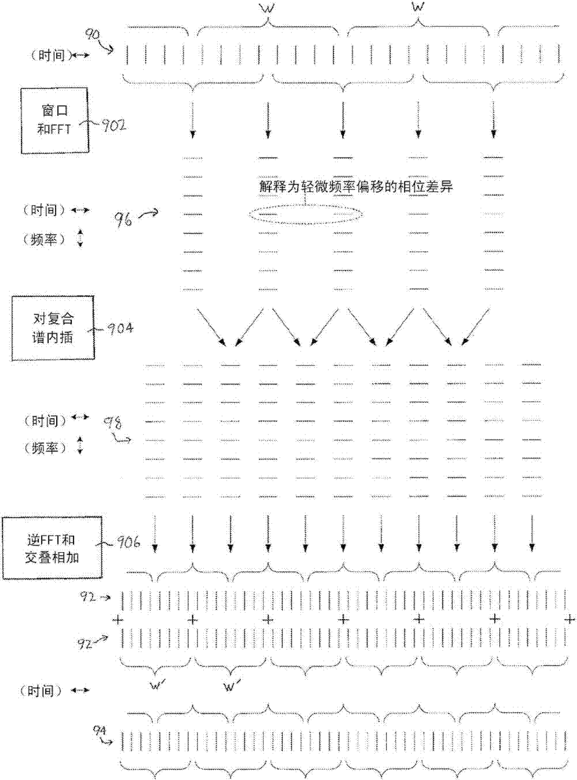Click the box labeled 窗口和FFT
(x=54, y=120)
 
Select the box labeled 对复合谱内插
(x=53, y=328)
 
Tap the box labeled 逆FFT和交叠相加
(x=52, y=548)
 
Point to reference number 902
(x=114, y=126)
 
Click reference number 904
(x=120, y=329)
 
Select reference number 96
(x=123, y=218)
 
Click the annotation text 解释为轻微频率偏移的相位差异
(x=356, y=187)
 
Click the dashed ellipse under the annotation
(x=305, y=215)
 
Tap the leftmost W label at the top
(x=268, y=8)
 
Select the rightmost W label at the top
(x=417, y=8)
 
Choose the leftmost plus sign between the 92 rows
(x=117, y=619)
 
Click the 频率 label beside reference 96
(x=45, y=239)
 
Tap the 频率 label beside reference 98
(x=45, y=447)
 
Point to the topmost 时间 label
(x=51, y=55)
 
